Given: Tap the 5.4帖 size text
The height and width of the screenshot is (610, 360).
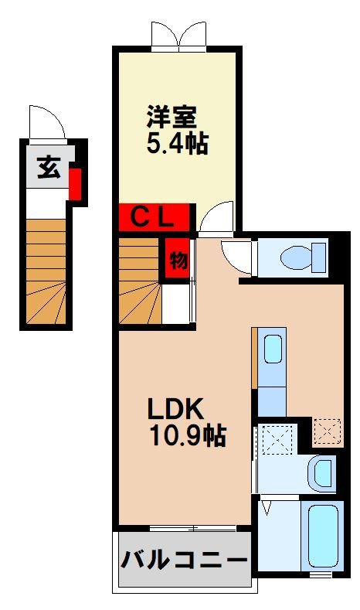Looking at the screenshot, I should click(x=177, y=145).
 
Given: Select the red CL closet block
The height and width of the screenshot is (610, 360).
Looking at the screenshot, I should click(x=155, y=216).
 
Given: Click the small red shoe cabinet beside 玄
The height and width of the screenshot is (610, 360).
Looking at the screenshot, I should click(x=75, y=182).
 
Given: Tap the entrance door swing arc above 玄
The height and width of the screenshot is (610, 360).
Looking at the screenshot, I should click(x=45, y=122).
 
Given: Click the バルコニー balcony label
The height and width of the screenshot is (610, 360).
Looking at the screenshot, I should click(x=183, y=559).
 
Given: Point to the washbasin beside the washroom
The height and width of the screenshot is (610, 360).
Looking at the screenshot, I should click(x=321, y=471).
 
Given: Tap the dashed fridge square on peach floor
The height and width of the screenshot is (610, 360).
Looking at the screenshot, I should click(x=328, y=431).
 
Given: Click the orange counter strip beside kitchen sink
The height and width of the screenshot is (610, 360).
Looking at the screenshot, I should click(x=253, y=358).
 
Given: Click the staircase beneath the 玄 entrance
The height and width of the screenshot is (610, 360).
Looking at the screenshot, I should click(x=46, y=271).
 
